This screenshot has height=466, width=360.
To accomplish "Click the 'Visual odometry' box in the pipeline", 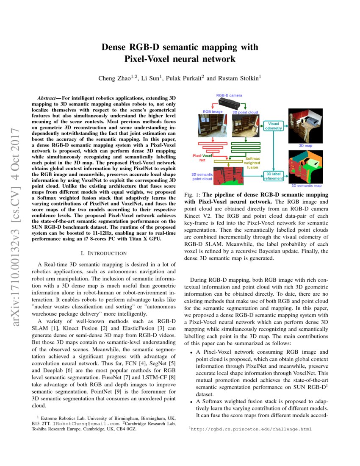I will tap(273, 126).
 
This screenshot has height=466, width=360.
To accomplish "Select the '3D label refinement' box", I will tap(273, 176).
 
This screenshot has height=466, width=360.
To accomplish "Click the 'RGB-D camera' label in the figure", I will tap(229, 96).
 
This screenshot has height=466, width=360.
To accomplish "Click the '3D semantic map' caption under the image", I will tap(306, 186).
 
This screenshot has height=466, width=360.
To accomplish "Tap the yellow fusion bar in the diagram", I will tap(230, 161).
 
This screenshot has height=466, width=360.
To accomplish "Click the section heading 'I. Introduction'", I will tap(104, 253).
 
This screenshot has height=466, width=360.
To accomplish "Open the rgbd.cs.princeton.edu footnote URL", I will tap(252, 429).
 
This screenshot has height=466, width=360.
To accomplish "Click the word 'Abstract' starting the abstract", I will tap(47, 98).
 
